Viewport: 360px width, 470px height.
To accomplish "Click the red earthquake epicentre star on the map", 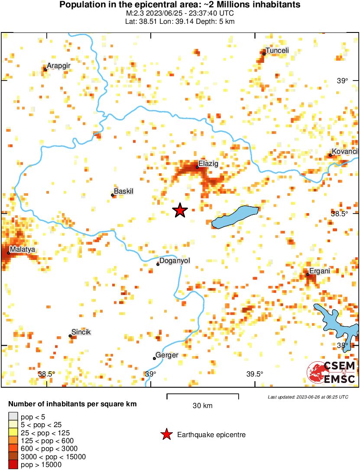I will coord(180,211).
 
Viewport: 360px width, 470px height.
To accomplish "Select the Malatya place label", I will coord(23,250).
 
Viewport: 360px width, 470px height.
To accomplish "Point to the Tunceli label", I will coord(277,51).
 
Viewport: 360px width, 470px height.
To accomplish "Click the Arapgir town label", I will coord(58,66).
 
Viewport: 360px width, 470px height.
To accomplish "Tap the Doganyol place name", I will coord(175,261).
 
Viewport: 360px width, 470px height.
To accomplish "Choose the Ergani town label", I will coord(319,271).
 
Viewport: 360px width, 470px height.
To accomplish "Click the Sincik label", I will coord(81,332).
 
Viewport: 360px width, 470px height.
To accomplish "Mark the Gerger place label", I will coord(167,355).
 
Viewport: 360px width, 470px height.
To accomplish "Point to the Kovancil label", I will coord(345,151).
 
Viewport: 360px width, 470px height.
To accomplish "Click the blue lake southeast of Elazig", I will coord(236,217).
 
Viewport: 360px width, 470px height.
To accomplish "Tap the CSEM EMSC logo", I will coord(331,373).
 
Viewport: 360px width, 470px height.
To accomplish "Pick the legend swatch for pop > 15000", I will coord(13,465).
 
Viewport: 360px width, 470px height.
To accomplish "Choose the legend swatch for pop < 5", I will coord(13,417).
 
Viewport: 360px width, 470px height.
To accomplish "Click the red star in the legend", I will coord(166,434).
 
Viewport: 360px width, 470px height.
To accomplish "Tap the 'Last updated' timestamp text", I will coord(308,397).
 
